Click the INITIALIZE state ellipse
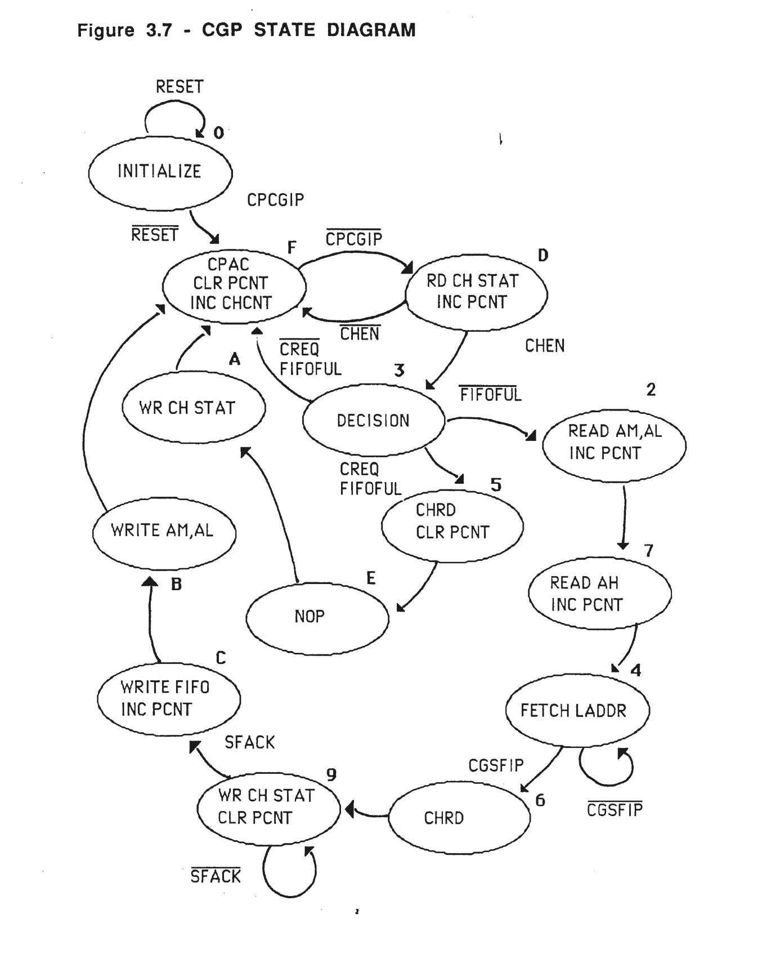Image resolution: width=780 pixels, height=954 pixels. pos(160,172)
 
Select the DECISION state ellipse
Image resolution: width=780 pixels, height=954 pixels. pos(373,420)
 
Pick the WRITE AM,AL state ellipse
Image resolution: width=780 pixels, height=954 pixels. pos(163,531)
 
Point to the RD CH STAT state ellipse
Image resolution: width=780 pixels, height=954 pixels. pos(476,292)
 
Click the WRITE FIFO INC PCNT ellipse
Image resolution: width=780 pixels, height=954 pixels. pos(168,698)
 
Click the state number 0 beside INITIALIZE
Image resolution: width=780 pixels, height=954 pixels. pos(218,133)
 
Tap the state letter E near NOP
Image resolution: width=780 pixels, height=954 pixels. pos(370,578)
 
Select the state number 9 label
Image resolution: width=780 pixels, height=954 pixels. pos(331,775)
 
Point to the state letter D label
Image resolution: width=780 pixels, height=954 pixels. pos(543,256)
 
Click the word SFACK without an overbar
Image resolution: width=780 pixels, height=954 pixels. pos(249,743)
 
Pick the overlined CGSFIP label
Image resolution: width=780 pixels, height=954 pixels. pos(614,810)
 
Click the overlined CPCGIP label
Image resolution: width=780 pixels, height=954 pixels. pos(353,239)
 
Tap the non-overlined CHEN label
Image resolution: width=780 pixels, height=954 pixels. pos(544,346)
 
